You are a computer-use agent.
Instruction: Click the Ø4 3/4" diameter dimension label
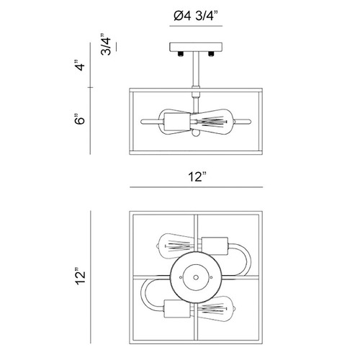coord(196,16)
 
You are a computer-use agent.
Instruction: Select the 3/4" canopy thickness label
coord(106,45)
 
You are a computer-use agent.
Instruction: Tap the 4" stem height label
coord(80,65)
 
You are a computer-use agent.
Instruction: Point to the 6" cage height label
coord(80,119)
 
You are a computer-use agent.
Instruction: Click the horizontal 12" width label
coord(197,176)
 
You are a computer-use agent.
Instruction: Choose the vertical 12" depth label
coord(81,276)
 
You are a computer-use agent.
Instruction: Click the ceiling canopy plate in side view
coord(196,47)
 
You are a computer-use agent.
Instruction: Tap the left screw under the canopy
coord(180,54)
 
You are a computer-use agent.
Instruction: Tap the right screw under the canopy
coord(211,54)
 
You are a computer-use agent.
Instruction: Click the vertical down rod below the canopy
coord(196,69)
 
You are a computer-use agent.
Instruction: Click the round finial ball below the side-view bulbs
coord(196,134)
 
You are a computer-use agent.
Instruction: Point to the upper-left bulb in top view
coord(178,246)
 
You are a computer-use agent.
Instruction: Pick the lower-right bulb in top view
coord(214,309)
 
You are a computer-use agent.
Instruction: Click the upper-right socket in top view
coord(215,246)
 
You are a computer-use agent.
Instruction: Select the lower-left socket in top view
coord(177,309)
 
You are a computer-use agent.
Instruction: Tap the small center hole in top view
coord(196,277)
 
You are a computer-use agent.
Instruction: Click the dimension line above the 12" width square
coord(197,187)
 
